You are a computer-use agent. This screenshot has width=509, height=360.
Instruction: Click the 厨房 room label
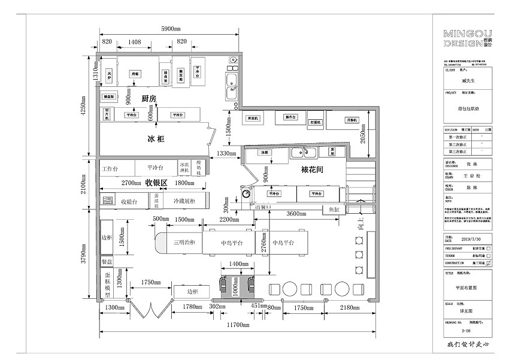click(149, 98)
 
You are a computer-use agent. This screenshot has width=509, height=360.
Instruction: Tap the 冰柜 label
click(156, 139)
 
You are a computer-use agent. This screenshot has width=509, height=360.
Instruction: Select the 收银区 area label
click(156, 182)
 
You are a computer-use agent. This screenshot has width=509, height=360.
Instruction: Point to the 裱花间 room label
click(311, 170)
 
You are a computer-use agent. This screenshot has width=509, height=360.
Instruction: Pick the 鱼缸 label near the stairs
click(334, 210)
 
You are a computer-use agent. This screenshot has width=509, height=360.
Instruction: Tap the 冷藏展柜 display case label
click(184, 202)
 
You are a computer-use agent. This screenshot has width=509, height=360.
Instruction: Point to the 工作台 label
click(110, 168)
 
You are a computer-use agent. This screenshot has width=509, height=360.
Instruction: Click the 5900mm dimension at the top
click(171, 29)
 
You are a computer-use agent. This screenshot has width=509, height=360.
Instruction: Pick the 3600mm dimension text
click(297, 214)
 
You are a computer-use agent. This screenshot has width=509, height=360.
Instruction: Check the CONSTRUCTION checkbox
click(489, 262)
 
